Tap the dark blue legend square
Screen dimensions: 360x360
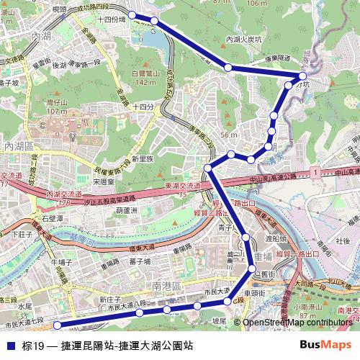[x=10, y=346]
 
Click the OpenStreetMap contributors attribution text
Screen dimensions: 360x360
[x=297, y=323]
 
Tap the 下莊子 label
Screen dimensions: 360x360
[x=24, y=234]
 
